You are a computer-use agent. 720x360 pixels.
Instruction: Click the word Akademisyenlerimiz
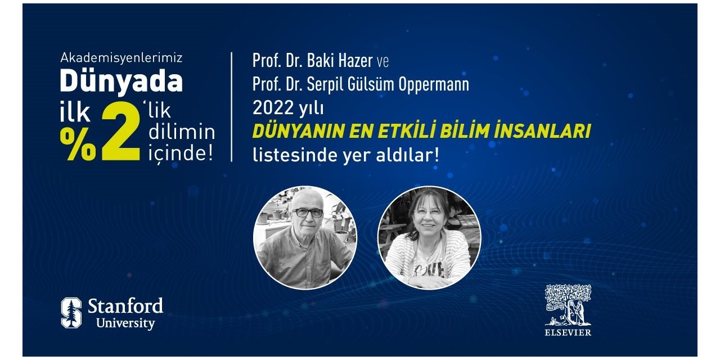(121, 57)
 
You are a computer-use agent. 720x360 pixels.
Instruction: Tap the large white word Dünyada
(121, 82)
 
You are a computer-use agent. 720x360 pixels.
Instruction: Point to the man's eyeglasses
(308, 213)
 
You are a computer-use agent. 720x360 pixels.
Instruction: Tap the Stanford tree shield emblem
(71, 313)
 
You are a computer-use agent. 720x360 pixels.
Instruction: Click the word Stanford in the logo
(125, 307)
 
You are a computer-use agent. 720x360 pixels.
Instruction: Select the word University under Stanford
(125, 323)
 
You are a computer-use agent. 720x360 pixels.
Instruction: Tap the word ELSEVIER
(568, 332)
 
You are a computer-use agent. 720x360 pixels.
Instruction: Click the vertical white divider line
(232, 107)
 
